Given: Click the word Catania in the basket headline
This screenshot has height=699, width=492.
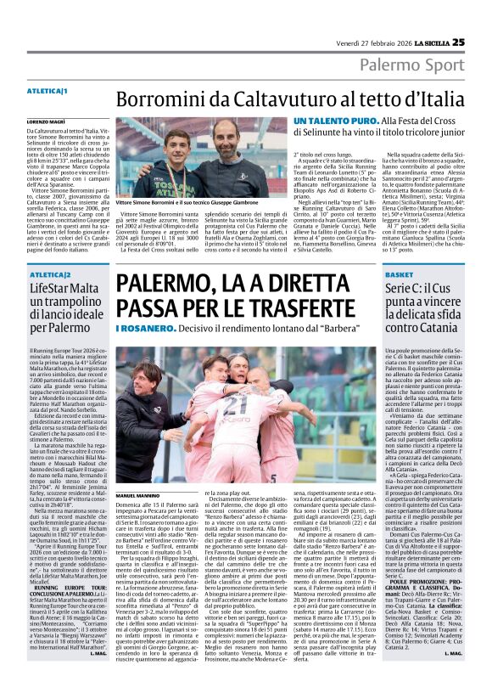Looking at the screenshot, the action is point(441,328).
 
